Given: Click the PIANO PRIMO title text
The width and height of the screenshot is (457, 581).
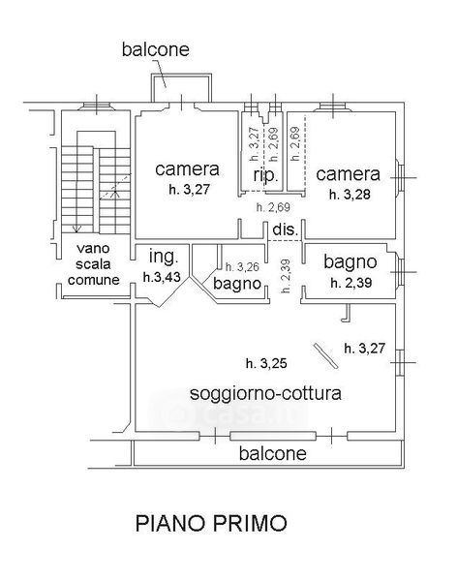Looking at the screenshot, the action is pos(211,523).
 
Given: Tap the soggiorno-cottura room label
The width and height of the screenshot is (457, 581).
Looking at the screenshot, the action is pos(265,393).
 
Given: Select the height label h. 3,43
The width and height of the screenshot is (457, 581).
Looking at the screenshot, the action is pos(162,276).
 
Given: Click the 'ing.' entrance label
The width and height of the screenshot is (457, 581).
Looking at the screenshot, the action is pos(164,257).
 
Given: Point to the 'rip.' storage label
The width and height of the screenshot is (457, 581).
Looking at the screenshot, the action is pos(265,175).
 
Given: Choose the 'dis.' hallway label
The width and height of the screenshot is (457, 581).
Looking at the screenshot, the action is pos(286,229).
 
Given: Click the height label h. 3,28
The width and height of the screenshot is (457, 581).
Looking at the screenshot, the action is pos(350,195).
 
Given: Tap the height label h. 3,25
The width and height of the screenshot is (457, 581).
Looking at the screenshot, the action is pos(266,363).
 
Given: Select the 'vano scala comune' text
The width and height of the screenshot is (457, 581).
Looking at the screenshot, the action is pos(93,263).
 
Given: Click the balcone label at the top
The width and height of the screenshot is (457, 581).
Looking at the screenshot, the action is pos(156,49).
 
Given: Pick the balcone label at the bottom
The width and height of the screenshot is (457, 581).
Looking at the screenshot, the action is pos(273,453).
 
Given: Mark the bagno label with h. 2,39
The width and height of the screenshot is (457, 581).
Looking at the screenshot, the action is pos(350,262).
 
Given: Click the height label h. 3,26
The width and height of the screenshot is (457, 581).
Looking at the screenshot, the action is pos(242,266).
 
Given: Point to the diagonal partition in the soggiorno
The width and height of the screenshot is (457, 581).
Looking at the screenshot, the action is pos(325,355).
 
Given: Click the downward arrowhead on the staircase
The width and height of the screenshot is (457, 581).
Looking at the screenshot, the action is pos(76,229).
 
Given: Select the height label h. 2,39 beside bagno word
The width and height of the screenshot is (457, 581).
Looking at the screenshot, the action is pos(351,283).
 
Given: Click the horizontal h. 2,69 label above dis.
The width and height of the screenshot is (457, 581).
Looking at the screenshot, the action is pos(273,207).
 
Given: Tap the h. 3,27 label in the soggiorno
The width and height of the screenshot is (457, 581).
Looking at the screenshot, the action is pos(365,349).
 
